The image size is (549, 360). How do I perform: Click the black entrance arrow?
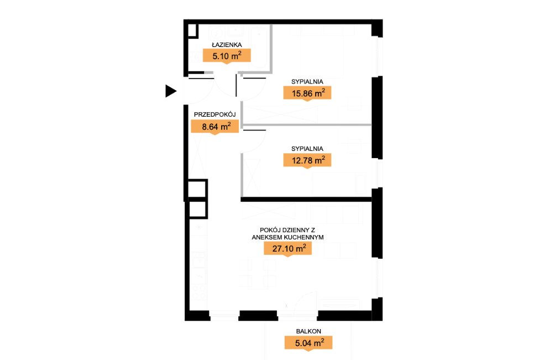tap(170, 91)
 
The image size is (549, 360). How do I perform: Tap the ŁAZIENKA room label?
tap(227, 45)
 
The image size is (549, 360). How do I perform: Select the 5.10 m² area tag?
tap(227, 56)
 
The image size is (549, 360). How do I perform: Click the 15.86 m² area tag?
tap(307, 93)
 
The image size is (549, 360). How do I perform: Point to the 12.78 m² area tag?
tap(307, 160)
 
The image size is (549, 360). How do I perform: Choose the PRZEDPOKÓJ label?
tap(215, 114)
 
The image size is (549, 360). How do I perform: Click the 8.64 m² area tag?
tap(215, 127)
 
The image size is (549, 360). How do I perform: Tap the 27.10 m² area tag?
tap(288, 249)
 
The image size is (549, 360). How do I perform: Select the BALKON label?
tap(309, 331)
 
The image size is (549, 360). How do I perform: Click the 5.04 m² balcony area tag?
tap(309, 343)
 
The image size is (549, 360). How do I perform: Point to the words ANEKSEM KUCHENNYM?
tap(288, 237)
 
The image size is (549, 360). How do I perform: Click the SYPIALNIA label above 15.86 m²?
tap(307, 82)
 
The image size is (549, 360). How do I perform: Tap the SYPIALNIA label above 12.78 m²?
tap(307, 149)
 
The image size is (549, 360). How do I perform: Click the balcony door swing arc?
tap(302, 298)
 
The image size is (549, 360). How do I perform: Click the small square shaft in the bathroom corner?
tap(193, 30)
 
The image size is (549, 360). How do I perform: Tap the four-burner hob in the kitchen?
tap(198, 293)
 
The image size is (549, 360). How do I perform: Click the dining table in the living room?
tap(258, 273)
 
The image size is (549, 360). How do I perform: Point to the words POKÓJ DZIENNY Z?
tap(287, 230)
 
